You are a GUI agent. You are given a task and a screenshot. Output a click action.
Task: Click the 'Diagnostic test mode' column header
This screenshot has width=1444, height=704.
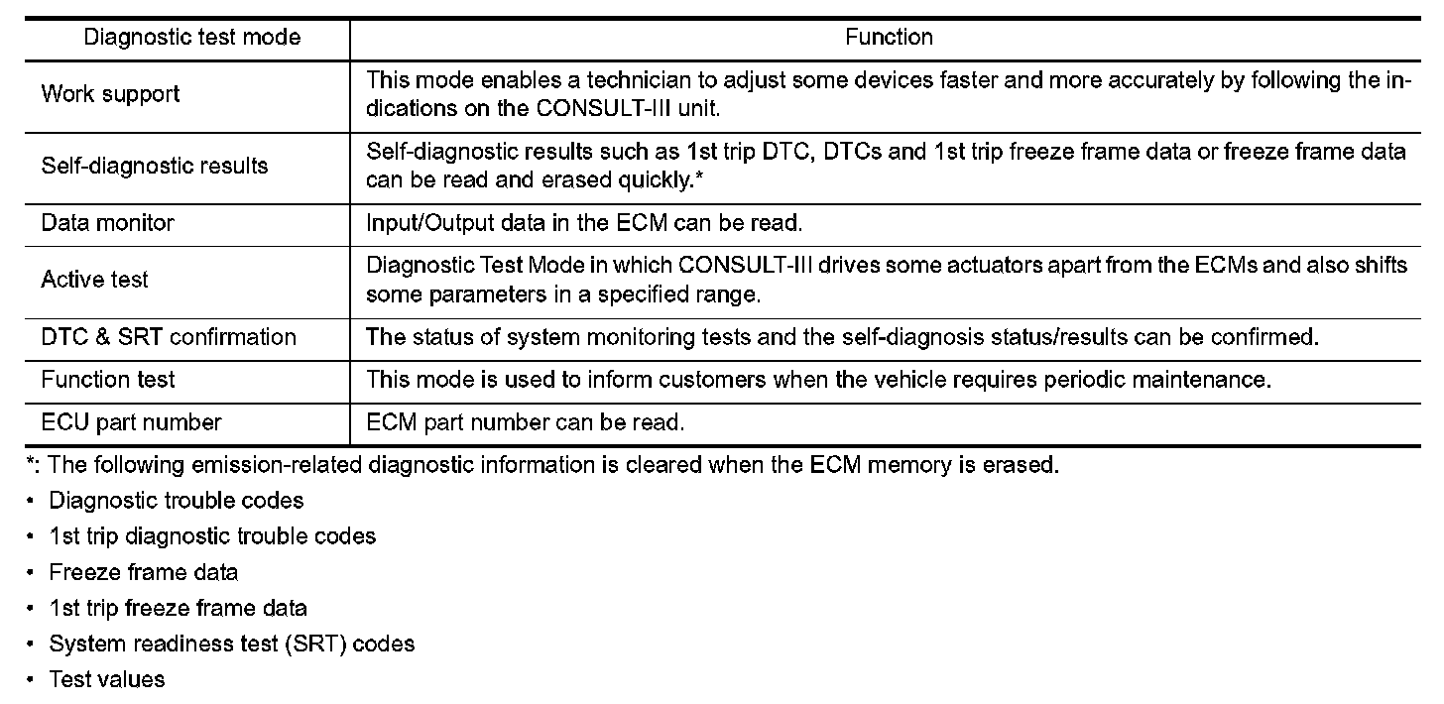tap(192, 38)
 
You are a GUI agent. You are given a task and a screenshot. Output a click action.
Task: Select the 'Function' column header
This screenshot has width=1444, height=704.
tap(889, 38)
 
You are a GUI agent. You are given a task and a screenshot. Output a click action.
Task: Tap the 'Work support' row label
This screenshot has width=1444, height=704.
tap(110, 94)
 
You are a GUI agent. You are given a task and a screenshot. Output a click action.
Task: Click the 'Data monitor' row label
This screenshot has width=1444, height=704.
tap(107, 223)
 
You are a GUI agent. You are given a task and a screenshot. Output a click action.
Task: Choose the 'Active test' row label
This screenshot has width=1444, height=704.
tap(94, 280)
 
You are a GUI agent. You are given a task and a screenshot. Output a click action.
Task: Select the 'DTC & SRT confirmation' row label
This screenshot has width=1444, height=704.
tap(169, 337)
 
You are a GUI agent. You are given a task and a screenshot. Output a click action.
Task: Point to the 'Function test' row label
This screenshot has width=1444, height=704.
tap(109, 380)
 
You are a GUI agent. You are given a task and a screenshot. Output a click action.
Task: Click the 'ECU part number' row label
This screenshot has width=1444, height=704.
tap(131, 422)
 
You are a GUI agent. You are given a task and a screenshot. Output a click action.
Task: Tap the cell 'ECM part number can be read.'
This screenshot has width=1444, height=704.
tap(526, 422)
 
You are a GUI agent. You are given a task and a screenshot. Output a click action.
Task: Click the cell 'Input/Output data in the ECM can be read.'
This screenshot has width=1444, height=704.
tap(584, 223)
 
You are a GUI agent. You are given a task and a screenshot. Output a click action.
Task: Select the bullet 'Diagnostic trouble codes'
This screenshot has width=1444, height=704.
tap(177, 501)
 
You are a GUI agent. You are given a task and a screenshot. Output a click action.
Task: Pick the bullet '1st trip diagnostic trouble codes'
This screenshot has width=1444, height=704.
tap(212, 536)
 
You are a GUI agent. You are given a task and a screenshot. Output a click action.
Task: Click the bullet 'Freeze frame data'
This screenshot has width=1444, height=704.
tap(144, 572)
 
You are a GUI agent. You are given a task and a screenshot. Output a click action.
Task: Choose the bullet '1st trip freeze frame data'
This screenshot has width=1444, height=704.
tap(179, 608)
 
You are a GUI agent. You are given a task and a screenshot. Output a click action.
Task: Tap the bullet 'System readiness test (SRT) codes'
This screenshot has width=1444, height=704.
tap(232, 644)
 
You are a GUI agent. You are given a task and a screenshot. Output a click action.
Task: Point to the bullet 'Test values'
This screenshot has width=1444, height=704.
tap(107, 679)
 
